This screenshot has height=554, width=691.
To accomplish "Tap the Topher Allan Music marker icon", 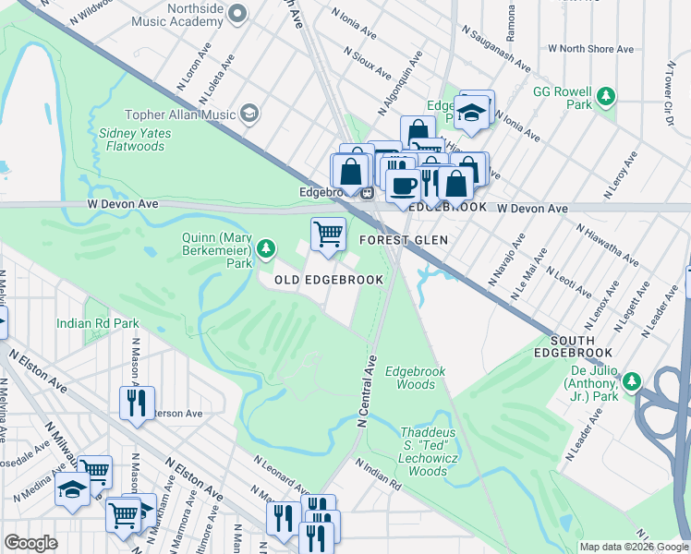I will [x=249, y=113].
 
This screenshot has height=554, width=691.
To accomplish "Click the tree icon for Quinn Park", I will [x=266, y=247].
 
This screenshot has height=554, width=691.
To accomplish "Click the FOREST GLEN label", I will [x=404, y=240].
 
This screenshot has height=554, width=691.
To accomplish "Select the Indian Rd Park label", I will [x=97, y=323].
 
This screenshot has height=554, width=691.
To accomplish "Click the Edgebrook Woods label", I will [x=415, y=378].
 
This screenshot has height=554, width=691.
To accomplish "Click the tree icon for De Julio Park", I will [x=632, y=381].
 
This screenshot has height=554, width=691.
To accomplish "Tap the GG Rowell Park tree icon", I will [x=606, y=94].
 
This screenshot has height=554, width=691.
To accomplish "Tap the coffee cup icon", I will [x=403, y=186].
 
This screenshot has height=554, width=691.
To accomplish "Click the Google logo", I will [x=31, y=543].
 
